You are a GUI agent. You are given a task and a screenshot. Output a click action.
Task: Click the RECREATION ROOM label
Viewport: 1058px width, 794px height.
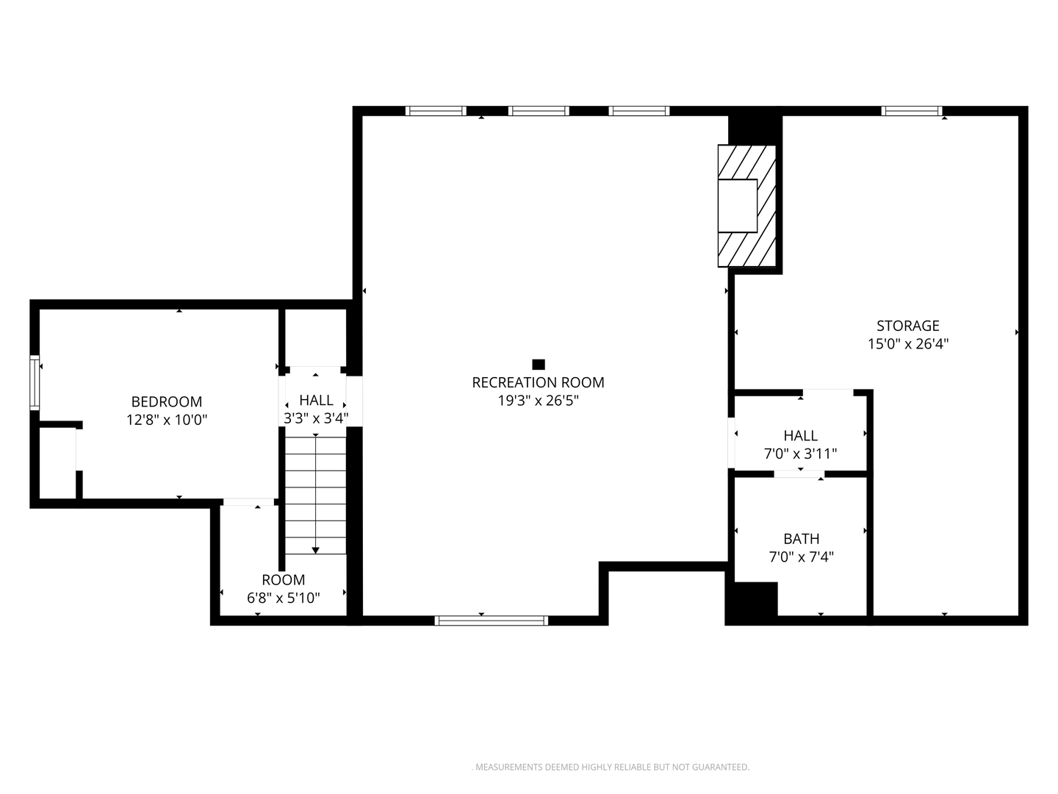click(537, 382)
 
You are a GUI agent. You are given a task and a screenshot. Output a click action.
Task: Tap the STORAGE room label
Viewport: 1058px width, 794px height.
click(907, 326)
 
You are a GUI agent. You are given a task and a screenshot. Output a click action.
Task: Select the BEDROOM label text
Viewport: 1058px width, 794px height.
click(167, 401)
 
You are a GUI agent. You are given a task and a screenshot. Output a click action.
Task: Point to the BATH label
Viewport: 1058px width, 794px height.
click(801, 538)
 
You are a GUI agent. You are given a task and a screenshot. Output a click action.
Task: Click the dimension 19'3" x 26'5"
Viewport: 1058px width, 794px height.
click(538, 401)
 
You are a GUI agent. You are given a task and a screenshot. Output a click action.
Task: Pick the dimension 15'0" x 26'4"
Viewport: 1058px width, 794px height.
click(908, 344)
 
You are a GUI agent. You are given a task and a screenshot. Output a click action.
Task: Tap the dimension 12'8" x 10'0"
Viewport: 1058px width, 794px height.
click(167, 420)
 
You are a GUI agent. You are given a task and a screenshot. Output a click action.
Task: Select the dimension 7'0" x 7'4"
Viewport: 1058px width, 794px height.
click(801, 557)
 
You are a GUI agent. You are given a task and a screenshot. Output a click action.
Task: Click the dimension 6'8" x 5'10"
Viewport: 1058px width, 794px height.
click(284, 598)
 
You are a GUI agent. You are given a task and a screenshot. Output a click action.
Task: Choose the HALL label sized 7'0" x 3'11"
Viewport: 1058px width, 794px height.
click(800, 436)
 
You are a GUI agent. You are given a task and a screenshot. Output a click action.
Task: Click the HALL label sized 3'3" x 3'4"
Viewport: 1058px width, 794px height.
click(316, 400)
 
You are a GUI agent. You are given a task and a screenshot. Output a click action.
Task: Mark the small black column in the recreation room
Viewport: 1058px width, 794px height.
click(539, 365)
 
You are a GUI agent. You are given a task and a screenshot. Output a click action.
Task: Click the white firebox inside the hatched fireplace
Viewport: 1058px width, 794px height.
click(738, 206)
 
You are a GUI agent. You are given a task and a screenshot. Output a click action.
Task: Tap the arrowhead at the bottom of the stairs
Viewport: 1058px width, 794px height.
click(316, 551)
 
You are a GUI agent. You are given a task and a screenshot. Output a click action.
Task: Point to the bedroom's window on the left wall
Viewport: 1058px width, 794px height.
click(35, 383)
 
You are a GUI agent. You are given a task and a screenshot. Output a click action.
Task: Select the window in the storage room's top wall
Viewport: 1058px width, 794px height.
click(912, 111)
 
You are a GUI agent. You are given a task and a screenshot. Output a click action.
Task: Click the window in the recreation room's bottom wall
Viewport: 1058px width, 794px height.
click(492, 620)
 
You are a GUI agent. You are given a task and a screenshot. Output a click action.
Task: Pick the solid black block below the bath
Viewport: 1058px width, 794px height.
click(752, 603)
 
